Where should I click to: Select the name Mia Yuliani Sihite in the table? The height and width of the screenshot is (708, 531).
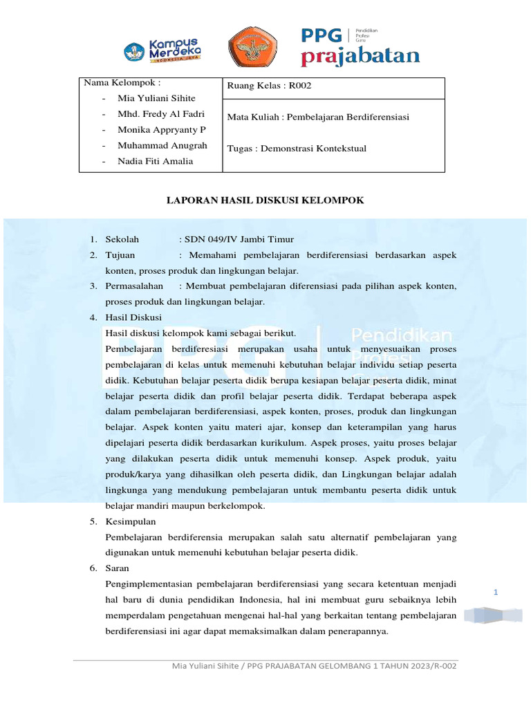(157, 98)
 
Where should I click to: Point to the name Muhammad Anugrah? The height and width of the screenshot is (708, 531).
(162, 145)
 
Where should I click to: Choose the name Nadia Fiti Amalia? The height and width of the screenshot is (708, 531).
(156, 161)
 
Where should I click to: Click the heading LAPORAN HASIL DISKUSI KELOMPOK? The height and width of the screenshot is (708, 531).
(265, 200)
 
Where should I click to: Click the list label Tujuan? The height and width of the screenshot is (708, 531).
(120, 255)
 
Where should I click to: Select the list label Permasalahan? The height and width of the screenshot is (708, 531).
(134, 286)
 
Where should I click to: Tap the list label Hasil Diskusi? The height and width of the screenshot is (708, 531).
(133, 317)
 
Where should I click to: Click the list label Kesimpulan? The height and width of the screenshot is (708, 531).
(131, 521)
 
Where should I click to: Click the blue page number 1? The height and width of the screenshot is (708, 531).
(496, 593)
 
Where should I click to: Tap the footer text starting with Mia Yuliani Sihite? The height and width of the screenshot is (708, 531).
(314, 666)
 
